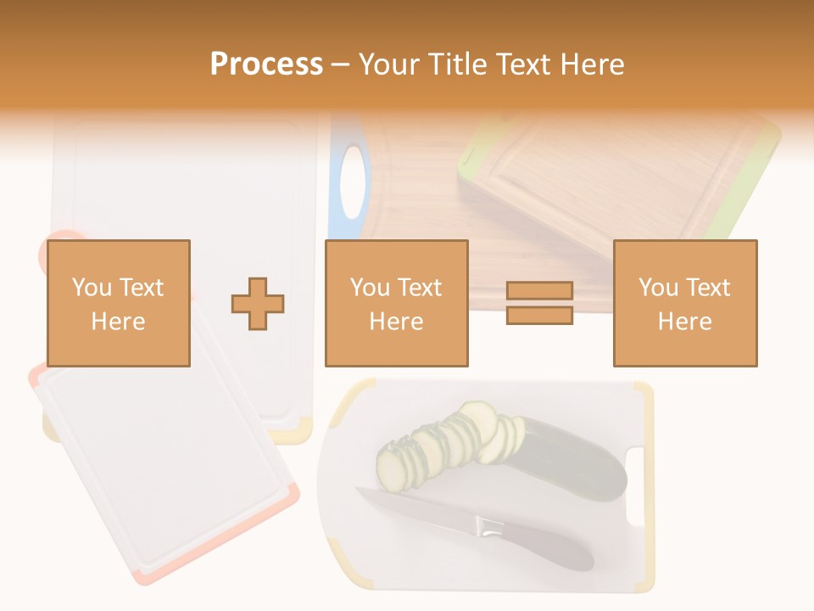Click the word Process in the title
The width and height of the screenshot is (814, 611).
click(266, 64)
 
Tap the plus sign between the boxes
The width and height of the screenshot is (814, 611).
click(258, 303)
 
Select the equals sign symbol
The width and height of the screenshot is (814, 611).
click(540, 303)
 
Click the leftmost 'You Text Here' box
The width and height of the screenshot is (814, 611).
click(119, 303)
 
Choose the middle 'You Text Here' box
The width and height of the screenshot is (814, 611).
click(397, 303)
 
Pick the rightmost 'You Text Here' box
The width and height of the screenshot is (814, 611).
click(685, 303)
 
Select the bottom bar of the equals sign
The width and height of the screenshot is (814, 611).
click(540, 315)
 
